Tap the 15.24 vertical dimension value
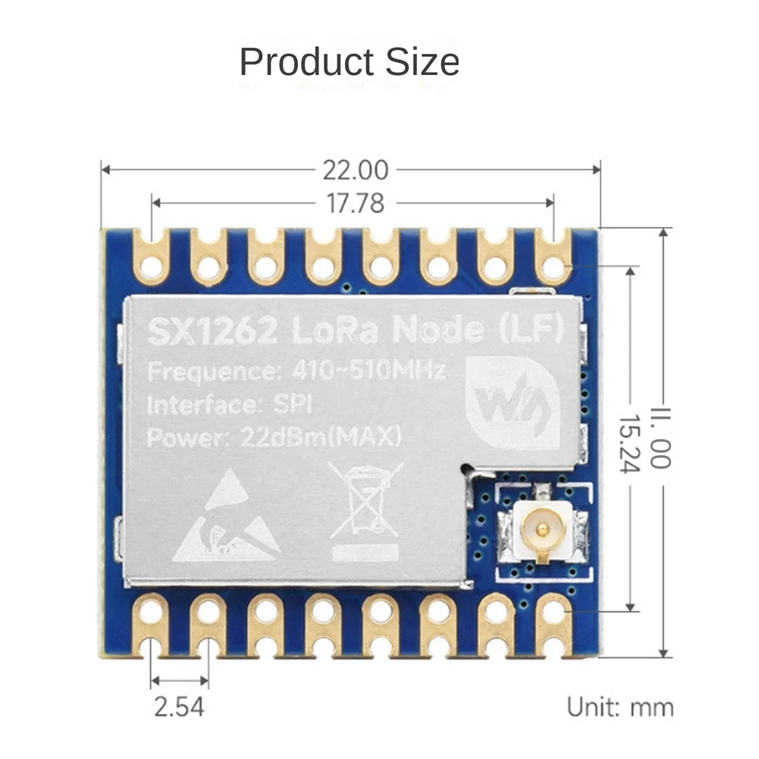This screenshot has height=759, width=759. tap(629, 443)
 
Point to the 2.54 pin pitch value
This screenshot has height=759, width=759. tap(180, 707)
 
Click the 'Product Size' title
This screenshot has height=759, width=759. tap(349, 61)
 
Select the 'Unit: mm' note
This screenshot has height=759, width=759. tap(620, 707)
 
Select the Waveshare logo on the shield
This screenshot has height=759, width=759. tap(513, 401)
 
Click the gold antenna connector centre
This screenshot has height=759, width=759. tap(541, 525)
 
